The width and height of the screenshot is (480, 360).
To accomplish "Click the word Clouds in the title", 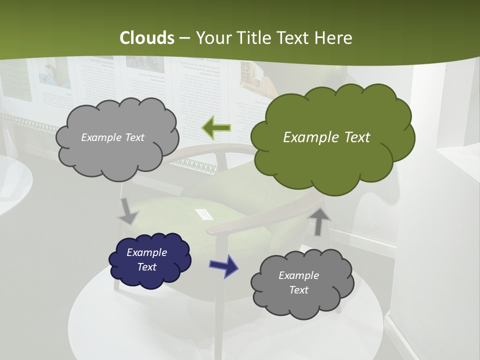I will coord(146,38).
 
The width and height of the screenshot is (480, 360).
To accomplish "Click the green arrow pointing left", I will coord(216,128).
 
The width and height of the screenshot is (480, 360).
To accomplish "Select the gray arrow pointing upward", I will coord(320,221).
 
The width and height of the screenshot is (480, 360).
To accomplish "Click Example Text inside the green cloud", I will coord(326,137).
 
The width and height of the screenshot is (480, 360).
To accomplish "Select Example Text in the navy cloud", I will coord(146,259).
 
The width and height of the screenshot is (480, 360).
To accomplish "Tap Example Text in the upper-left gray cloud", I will coord(112,137).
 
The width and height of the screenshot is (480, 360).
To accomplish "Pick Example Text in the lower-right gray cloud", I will coord(298,282).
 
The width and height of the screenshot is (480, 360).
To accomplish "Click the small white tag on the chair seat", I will coord(204,213).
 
